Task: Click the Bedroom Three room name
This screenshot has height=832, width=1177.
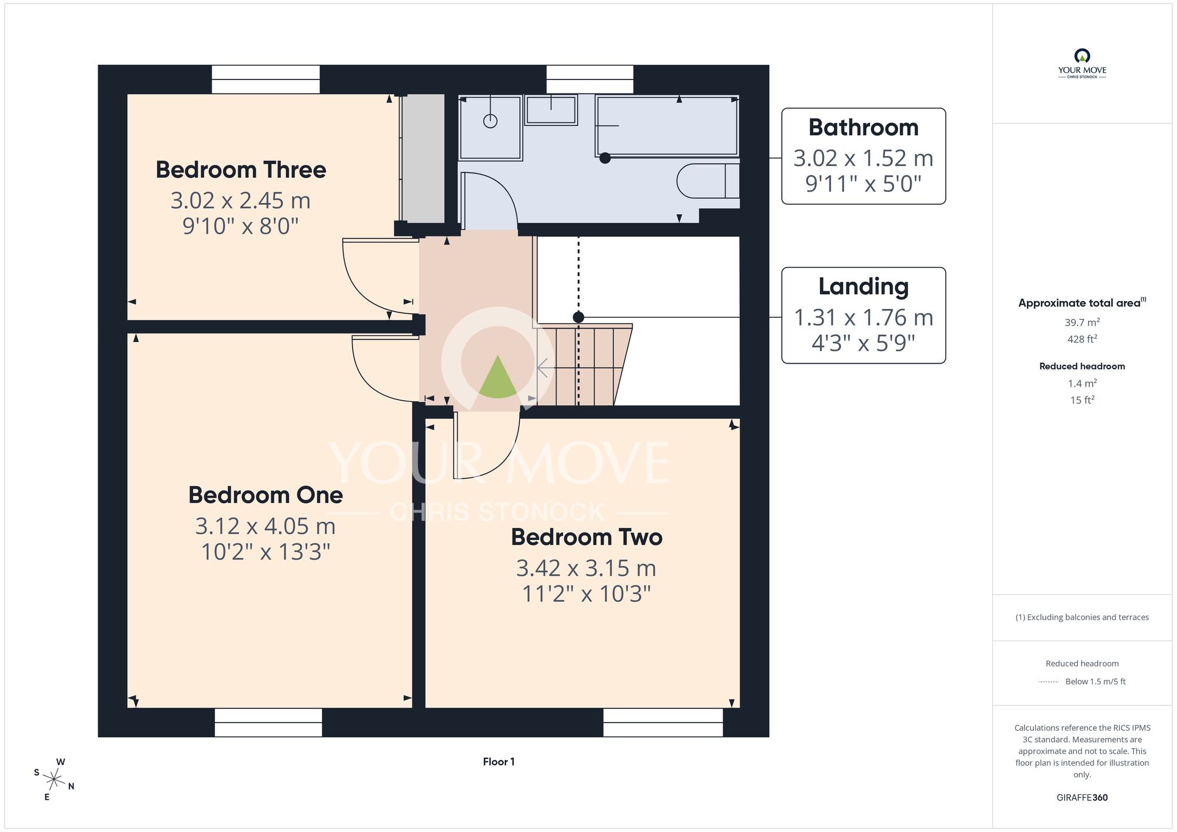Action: coord(241,170)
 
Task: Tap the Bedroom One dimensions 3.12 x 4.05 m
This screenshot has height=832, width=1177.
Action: coord(265,526)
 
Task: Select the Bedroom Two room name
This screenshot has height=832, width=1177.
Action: coord(587,537)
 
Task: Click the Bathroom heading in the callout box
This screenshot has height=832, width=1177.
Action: coord(863,128)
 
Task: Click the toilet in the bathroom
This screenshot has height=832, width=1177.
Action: coord(708,181)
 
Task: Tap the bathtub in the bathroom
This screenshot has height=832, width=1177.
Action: coord(667,125)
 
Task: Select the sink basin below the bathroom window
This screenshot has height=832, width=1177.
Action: coord(551,110)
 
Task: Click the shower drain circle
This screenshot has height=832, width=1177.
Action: coord(490,121)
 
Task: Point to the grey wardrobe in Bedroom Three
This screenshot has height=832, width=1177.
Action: coord(423,158)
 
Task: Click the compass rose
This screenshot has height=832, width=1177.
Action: coord(54,780)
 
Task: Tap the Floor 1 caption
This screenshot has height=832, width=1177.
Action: coord(498,762)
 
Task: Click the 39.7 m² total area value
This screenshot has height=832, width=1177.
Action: coord(1082,322)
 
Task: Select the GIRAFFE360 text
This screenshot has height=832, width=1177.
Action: coord(1082,798)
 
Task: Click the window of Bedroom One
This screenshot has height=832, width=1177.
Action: coord(268,722)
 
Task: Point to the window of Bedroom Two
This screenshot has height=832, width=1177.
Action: coord(663,722)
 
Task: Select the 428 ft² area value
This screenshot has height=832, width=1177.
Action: coord(1082,339)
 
